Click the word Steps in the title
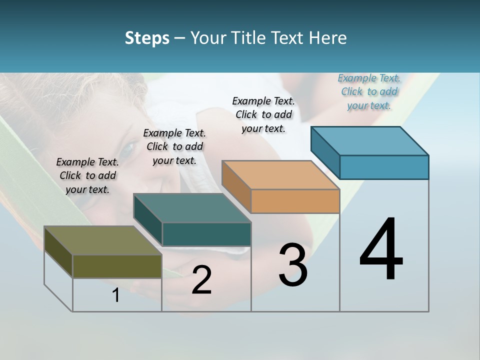[x=147, y=38]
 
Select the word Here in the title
[x=327, y=38]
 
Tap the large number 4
[x=381, y=250]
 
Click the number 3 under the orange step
[x=293, y=265]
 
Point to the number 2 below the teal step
[x=201, y=280]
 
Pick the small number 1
[x=116, y=295]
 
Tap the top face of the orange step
[x=280, y=175]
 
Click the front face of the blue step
[x=384, y=167]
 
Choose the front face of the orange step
[x=295, y=201]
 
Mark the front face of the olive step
[x=117, y=266]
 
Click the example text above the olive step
[x=87, y=175]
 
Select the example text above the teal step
[x=174, y=146]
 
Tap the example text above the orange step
[x=263, y=114]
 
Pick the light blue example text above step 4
[x=369, y=91]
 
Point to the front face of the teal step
[x=206, y=234]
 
